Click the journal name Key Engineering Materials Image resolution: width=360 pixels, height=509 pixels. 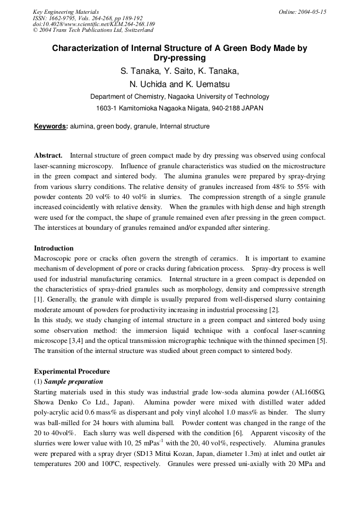point(65,12)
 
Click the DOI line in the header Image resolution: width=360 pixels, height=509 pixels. point(93,24)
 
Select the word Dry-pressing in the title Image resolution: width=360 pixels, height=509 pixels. point(179,58)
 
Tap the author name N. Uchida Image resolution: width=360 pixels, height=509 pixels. point(148,84)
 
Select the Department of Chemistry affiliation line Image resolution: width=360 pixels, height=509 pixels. point(179,97)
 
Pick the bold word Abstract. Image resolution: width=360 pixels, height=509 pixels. point(48,156)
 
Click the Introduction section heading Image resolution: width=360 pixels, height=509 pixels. point(54,248)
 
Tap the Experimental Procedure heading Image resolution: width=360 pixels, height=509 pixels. point(72,372)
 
